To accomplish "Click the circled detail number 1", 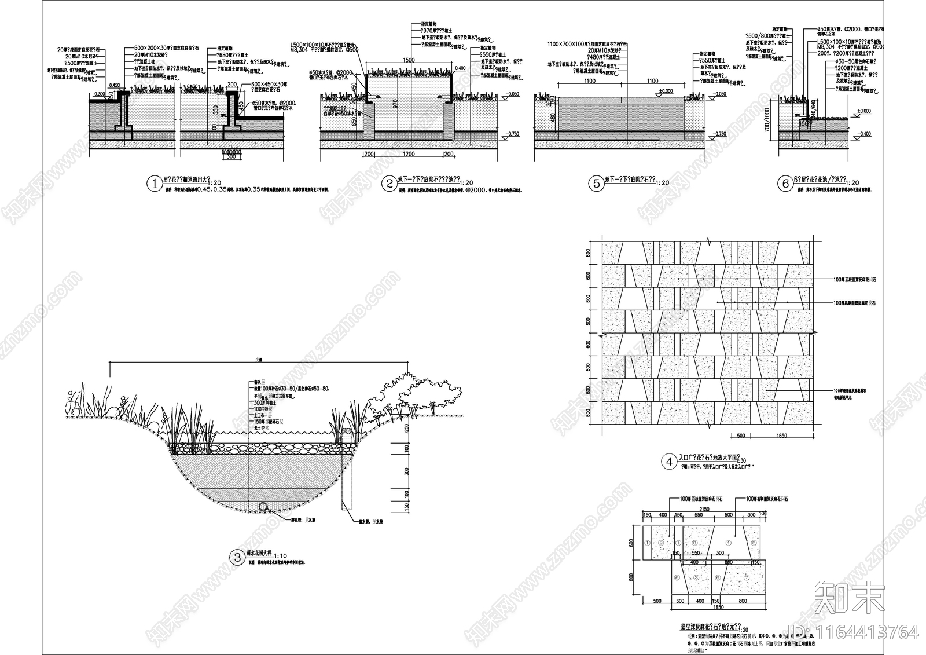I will (155, 184).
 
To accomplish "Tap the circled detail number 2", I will (388, 184).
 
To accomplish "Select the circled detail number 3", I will (237, 558).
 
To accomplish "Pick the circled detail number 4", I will (668, 462).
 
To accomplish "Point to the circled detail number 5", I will (596, 184).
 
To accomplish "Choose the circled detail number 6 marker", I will (785, 184).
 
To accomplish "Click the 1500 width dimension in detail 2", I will (409, 60).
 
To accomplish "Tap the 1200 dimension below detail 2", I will (409, 154).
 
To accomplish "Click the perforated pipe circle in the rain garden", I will (264, 506).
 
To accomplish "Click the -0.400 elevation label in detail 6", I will (863, 134).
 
